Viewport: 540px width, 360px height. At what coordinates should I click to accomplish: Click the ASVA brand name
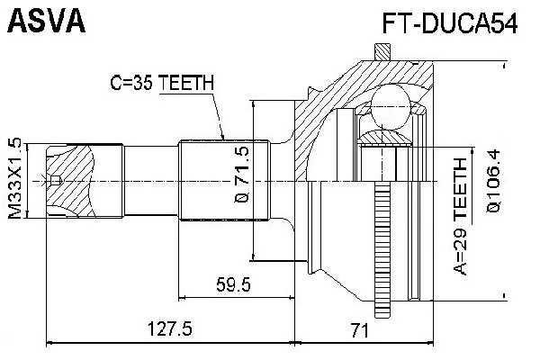46,22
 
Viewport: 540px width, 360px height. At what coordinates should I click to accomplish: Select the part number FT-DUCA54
448,24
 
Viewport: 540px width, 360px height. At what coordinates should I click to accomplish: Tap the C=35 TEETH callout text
161,83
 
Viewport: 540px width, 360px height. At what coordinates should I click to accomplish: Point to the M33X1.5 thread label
13,180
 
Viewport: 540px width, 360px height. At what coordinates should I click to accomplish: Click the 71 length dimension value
360,329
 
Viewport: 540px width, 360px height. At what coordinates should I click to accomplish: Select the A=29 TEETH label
461,216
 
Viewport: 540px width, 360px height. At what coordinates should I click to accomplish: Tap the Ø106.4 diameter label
493,180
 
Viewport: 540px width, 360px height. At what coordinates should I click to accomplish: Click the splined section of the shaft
225,180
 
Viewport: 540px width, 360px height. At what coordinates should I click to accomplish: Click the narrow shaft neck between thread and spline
151,180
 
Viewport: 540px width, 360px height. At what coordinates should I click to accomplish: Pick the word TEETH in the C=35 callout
187,83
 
